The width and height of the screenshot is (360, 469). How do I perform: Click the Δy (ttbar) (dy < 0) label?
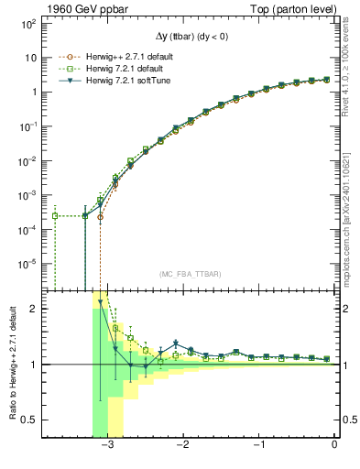pyautogui.click(x=191, y=38)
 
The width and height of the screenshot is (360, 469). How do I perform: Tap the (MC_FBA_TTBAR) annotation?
pyautogui.click(x=191, y=275)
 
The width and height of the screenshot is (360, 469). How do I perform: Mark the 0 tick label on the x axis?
pyautogui.click(x=334, y=445)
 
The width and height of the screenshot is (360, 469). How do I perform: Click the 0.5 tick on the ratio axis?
pyautogui.click(x=27, y=420)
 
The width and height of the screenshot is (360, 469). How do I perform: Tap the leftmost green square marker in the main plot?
pyautogui.click(x=55, y=216)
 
